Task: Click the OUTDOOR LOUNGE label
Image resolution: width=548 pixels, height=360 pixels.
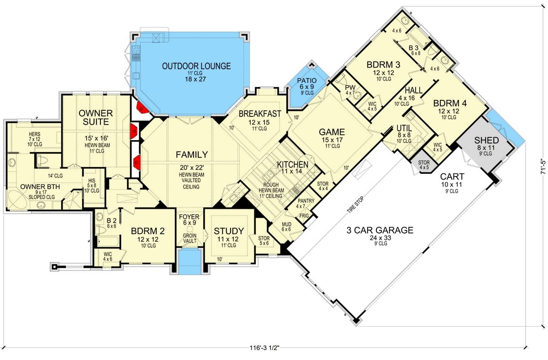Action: click(196, 66)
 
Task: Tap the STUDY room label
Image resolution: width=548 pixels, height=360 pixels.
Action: click(229, 231)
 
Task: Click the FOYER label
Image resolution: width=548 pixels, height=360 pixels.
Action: click(189, 217)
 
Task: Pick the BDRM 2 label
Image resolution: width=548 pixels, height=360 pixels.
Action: click(144, 231)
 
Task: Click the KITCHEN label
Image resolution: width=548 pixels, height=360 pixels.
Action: click(292, 165)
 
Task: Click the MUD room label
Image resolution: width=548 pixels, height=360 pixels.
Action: click(286, 224)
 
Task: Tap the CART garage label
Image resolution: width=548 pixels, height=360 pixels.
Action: click(452, 177)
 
